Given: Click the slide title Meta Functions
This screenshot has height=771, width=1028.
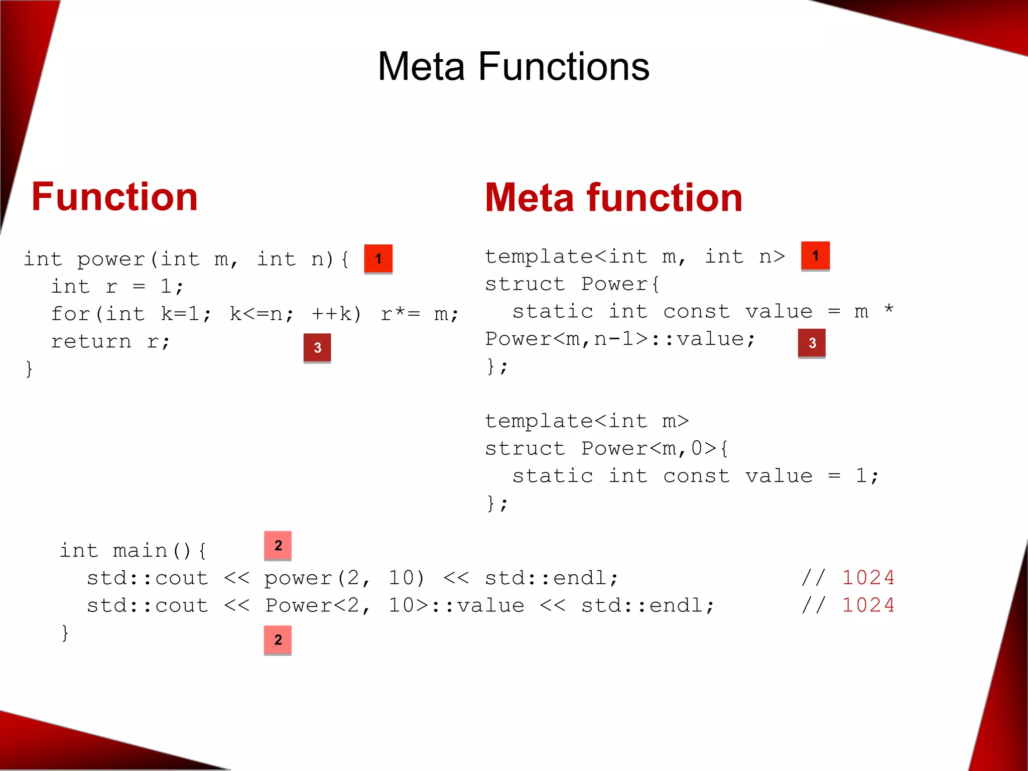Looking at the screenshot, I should point(513,66).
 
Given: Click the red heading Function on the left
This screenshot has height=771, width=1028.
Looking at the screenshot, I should point(114,197).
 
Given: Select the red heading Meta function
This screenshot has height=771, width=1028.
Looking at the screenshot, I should point(613,198).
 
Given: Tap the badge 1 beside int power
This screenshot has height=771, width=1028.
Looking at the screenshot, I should point(378,259).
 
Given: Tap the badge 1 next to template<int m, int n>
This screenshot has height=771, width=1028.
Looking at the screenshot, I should point(815,256).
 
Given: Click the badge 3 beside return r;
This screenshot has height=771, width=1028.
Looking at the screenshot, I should point(317,347).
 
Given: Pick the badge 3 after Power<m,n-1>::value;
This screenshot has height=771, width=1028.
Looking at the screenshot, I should point(812,343).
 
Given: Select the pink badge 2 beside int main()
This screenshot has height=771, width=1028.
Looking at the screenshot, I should point(278,546).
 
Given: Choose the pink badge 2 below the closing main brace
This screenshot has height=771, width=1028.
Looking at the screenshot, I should point(278,640).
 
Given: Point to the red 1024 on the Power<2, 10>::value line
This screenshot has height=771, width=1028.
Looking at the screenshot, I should point(868,605).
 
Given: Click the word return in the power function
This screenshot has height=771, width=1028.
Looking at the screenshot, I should point(91,342).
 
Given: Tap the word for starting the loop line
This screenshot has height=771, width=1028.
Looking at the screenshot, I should point(70,314).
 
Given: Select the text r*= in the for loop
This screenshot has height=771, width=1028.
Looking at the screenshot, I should point(400,314).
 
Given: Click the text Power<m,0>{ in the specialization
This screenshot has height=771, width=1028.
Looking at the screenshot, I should point(655,448).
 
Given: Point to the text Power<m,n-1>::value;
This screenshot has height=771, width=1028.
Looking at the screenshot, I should point(620,339).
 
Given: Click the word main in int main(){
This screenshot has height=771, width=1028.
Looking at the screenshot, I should point(140,551).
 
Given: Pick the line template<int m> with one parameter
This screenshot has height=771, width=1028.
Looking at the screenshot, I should point(586,421).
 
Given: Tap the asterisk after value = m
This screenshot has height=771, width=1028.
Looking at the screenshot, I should point(888,309).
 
